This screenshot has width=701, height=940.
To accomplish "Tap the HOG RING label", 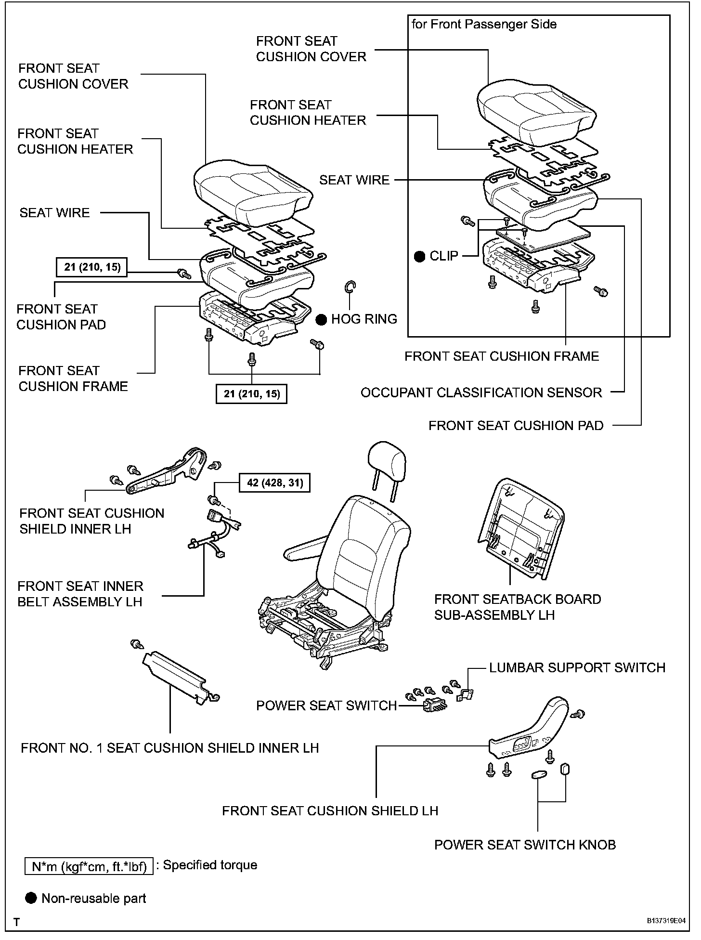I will coord(363,319).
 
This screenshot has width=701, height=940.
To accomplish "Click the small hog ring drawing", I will coord(350,287).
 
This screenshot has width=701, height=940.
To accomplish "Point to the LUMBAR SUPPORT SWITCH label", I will coord(577,667).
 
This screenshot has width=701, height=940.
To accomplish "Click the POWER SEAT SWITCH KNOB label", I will coord(525,845).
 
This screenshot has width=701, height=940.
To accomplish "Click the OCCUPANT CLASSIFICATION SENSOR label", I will coord(481,392).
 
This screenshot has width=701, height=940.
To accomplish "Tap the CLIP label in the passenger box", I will coord(443,256).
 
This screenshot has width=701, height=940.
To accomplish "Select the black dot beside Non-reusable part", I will coord(31,898).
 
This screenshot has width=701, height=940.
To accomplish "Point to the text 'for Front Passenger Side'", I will coord(484,24).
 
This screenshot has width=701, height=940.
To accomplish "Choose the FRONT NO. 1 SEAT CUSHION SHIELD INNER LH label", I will coord(169,748).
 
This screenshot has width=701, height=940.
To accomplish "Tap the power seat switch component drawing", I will coord(434,705).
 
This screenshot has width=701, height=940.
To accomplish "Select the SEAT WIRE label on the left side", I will coord(54,212).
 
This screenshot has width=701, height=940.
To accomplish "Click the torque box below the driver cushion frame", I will coord(251,393).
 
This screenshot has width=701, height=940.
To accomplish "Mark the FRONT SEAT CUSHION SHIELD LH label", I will coord(330,810).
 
